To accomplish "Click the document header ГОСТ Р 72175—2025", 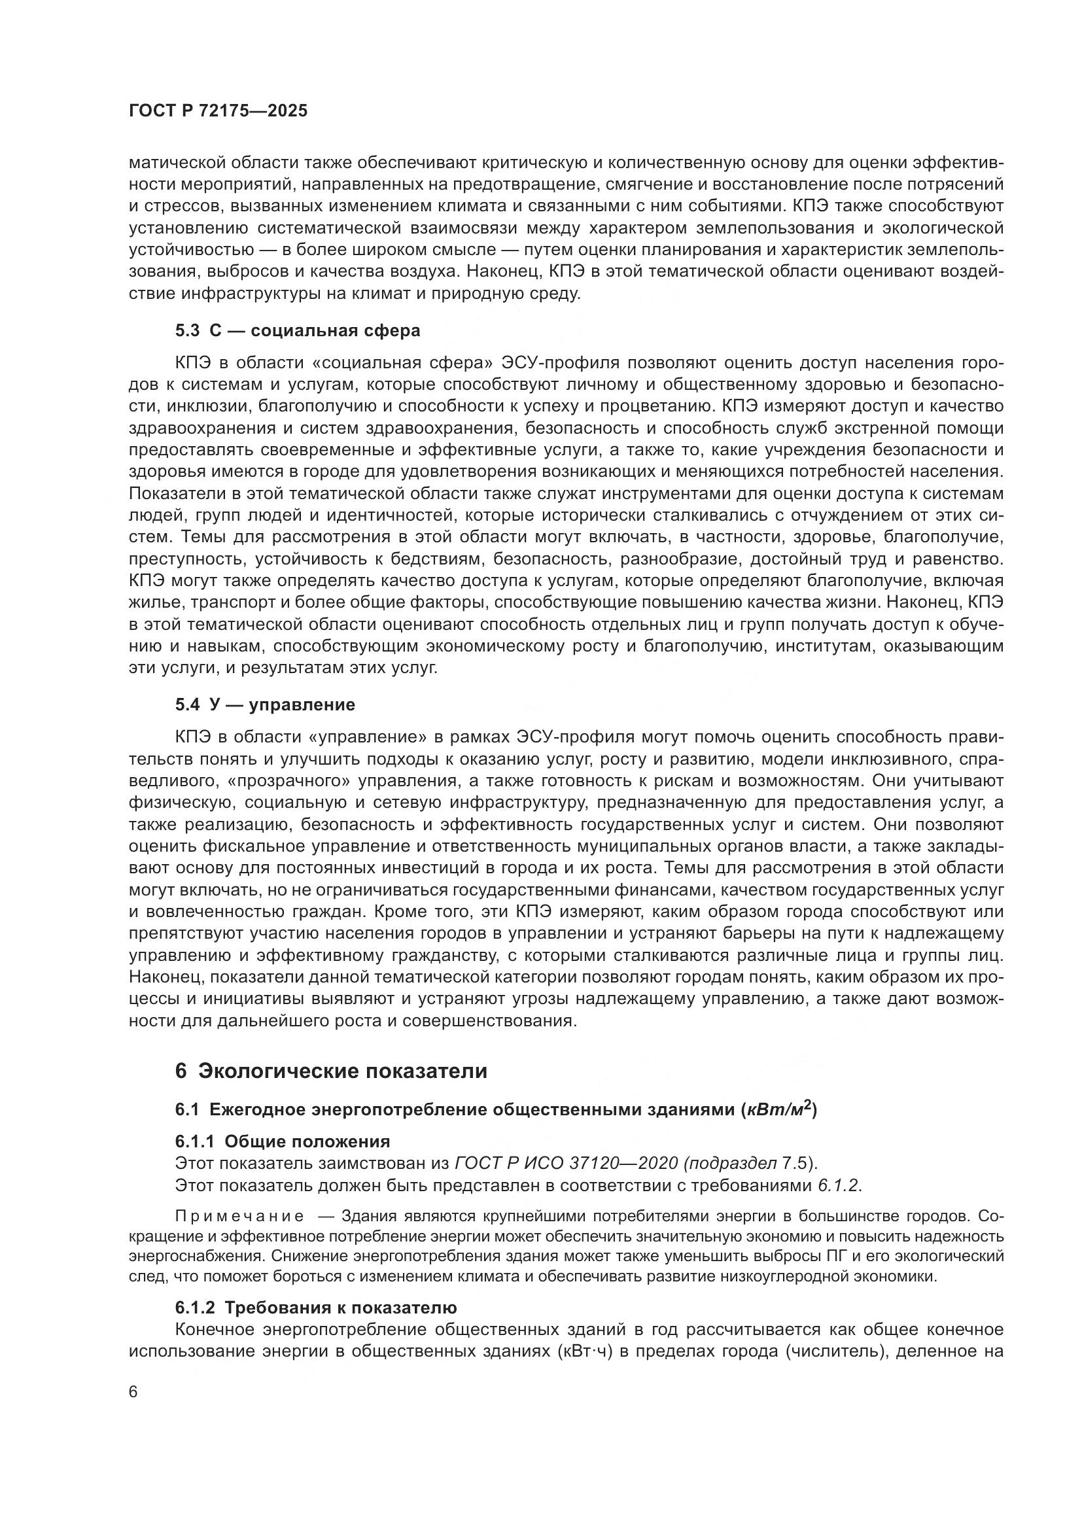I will coord(218,111).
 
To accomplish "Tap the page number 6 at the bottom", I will coord(133,1393).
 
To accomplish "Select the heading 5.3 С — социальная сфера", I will coord(297,330).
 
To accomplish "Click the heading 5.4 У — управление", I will coord(264,704).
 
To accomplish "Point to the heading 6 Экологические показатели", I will coord(330,1071).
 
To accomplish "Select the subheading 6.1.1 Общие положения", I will coord(282,1141).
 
